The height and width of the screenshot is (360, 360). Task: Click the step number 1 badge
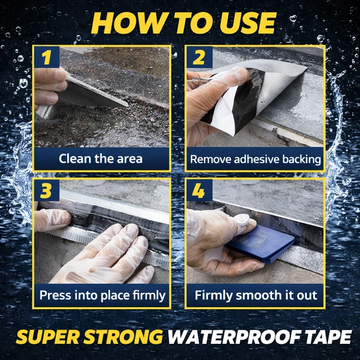coord(47,57)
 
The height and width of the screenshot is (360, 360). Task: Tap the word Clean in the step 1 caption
coord(76,158)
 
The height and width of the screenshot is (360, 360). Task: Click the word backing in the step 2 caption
coord(301,160)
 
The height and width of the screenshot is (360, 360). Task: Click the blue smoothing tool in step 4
coord(260,244)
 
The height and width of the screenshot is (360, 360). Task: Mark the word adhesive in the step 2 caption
coord(257,160)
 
